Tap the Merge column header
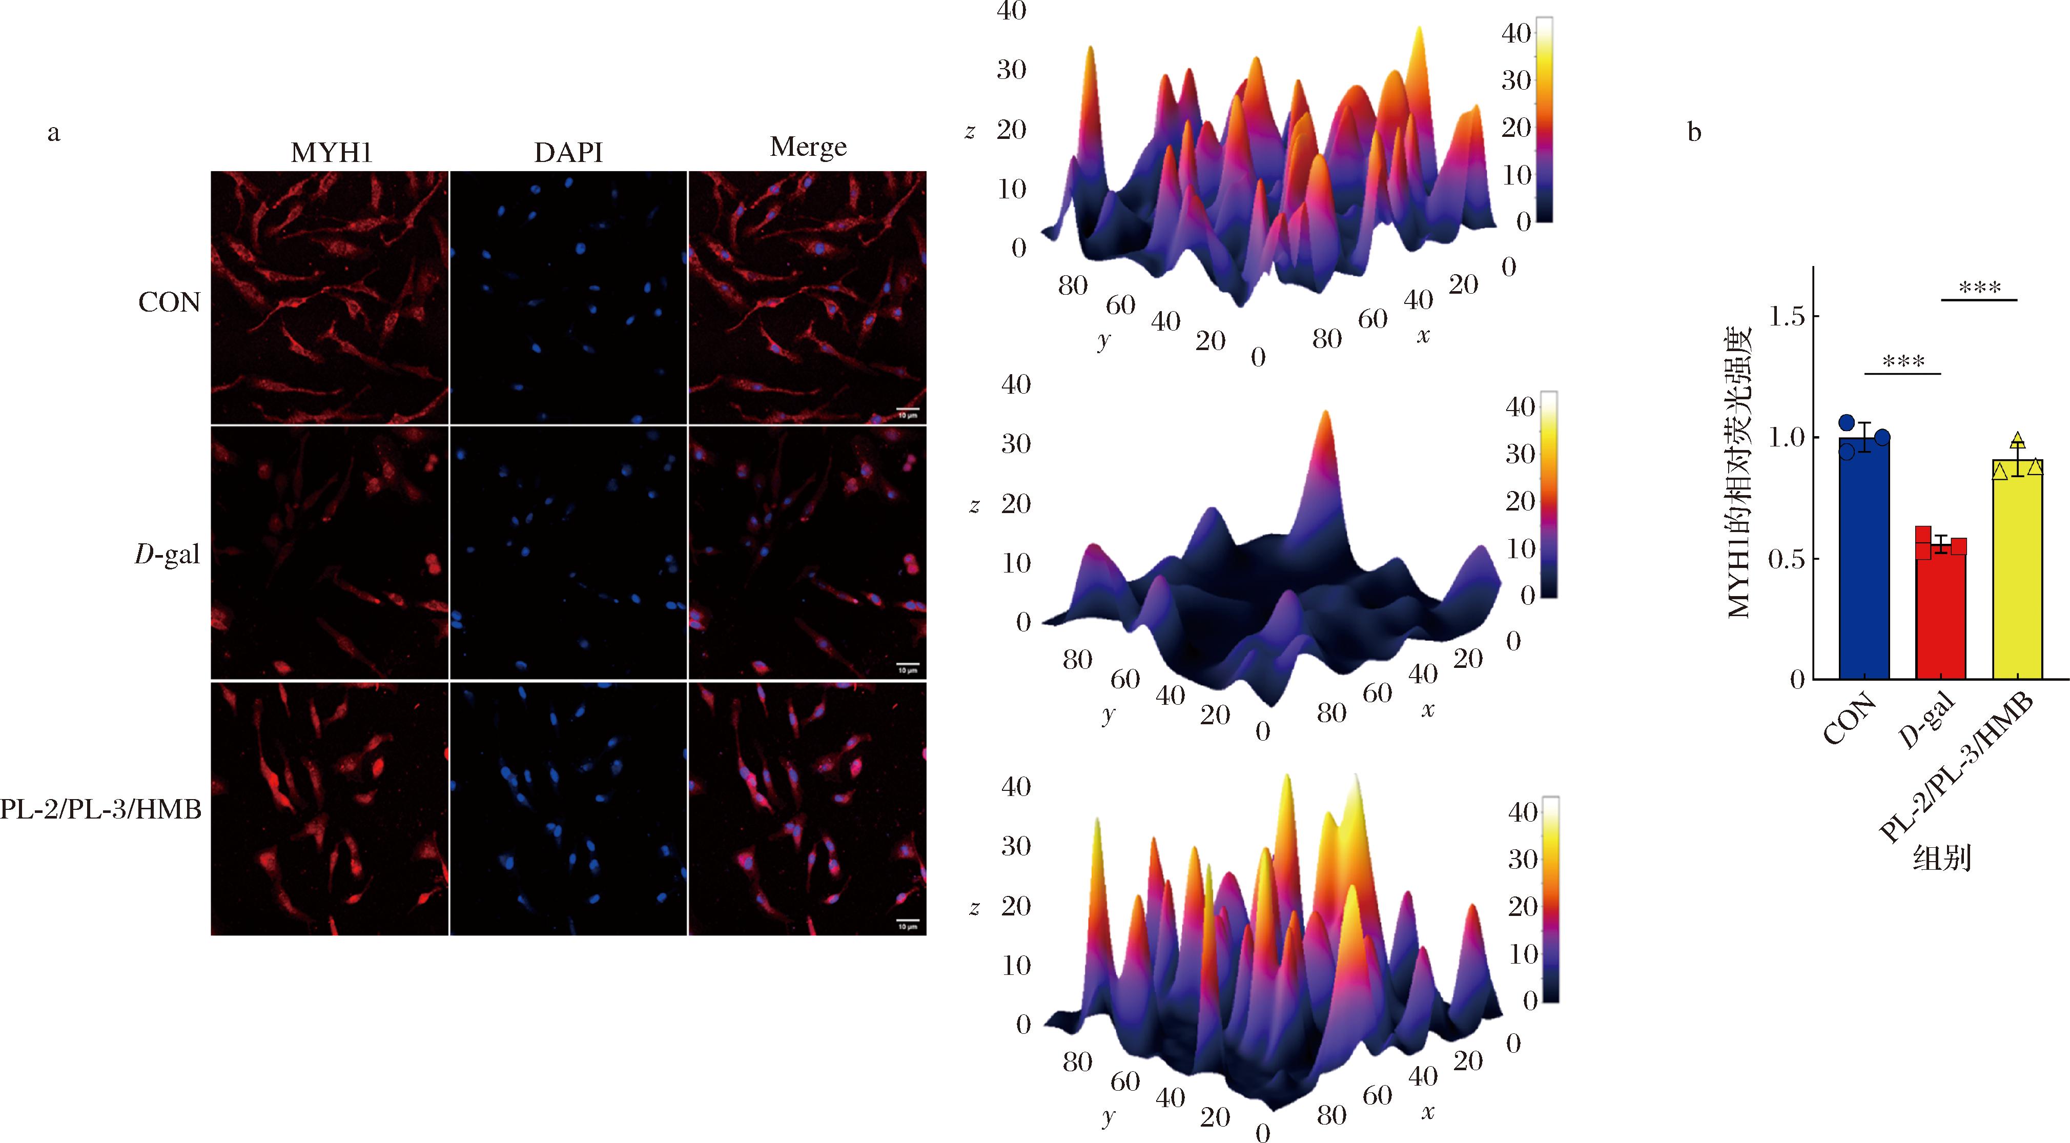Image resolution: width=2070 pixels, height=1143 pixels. (808, 147)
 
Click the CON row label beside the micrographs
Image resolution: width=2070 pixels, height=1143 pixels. (169, 302)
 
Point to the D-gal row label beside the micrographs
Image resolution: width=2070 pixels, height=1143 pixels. (167, 554)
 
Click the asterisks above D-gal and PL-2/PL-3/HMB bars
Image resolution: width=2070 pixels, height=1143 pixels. (1979, 288)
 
